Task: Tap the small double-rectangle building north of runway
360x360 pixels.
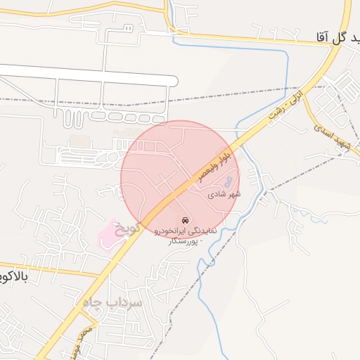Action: point(127,27)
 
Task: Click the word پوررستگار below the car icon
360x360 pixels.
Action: point(184,241)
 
